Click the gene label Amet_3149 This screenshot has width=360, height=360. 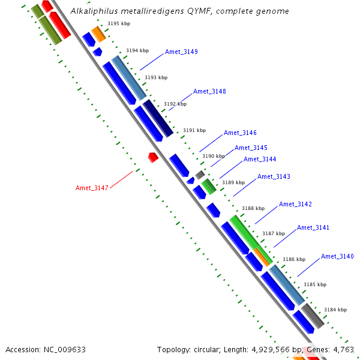pos(181,52)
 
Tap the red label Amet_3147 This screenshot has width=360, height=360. pos(92,188)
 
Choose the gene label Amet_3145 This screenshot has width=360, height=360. pos(251,148)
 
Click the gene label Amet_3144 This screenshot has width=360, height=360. pos(260,160)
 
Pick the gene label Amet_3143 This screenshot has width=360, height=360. pos(274,177)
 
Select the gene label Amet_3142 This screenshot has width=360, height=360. pos(295,205)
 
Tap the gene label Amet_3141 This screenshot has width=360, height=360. pos(313,228)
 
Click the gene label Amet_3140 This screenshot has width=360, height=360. pos(337,257)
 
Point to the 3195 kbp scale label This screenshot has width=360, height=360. pos(119,24)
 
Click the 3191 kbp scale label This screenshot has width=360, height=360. pos(194,130)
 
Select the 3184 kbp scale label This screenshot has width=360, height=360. pos(335,310)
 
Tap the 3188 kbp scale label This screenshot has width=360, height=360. pos(253,209)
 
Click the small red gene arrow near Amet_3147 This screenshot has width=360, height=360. pos(153,157)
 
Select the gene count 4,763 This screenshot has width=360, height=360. pos(344,350)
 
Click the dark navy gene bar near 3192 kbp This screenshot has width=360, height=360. pos(158,118)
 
